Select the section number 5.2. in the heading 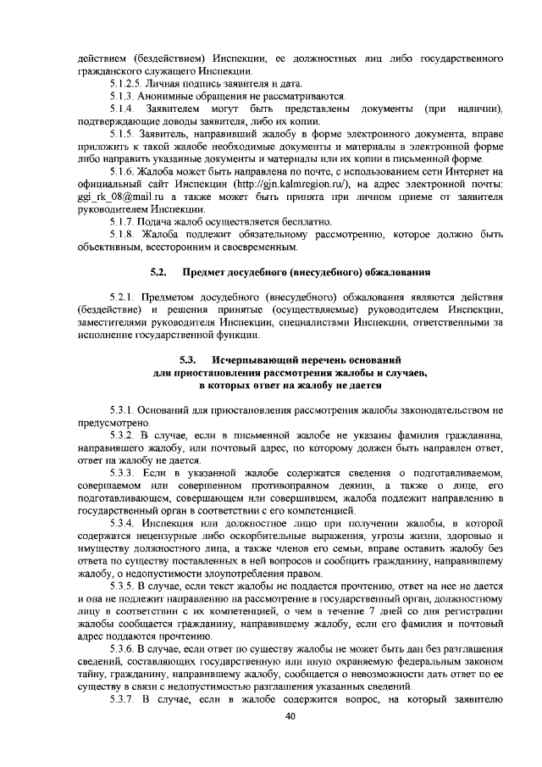click(x=157, y=272)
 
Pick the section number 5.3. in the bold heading click(x=191, y=360)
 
